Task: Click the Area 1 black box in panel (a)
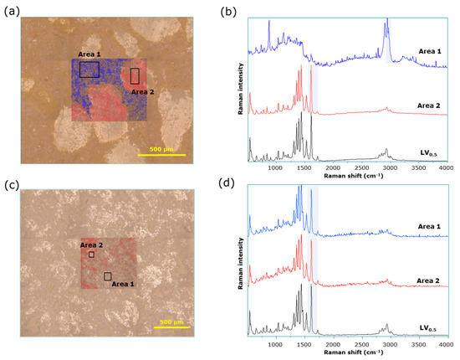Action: coord(89,69)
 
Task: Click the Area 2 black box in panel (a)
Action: coord(135,76)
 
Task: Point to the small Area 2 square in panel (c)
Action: coord(91,254)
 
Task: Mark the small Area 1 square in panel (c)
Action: coord(107,276)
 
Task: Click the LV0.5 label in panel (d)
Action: coord(429,329)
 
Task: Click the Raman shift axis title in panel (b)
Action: coord(347,177)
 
